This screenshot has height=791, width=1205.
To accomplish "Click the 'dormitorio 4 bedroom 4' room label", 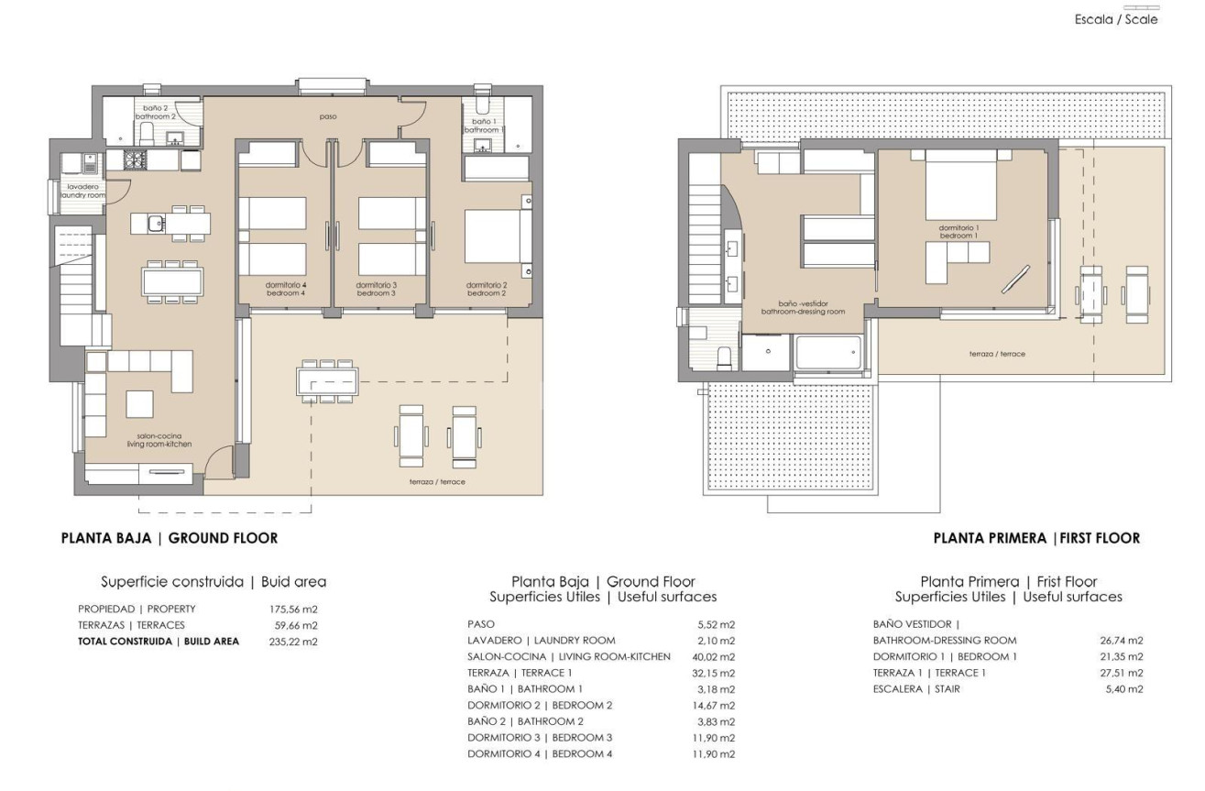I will [285, 289].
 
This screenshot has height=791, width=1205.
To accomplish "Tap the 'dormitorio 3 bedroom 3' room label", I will [375, 289].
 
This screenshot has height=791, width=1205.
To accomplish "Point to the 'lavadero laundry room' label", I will [83, 191].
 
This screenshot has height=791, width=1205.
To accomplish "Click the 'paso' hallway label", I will [327, 117].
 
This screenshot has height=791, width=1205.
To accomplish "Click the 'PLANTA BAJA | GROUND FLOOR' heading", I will [169, 538].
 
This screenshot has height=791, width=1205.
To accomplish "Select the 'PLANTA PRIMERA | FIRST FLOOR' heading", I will [1036, 538].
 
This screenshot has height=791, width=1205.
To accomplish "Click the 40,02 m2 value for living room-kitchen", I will [716, 656].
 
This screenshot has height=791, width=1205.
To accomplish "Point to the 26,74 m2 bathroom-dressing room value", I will [1123, 641].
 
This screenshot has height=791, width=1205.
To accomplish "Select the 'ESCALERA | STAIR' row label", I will [916, 689].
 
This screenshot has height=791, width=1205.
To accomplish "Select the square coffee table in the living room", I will [139, 403].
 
